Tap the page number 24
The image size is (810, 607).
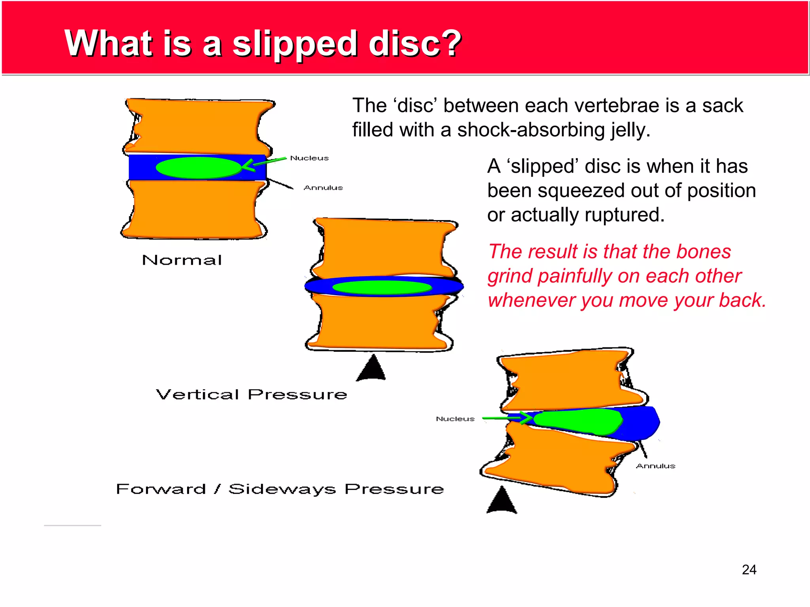[x=749, y=570]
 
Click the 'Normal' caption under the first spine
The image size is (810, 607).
[x=182, y=260]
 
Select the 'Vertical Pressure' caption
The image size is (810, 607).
[x=252, y=394]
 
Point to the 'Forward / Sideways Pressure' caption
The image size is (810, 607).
[x=280, y=489]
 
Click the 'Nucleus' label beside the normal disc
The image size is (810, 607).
[x=309, y=158]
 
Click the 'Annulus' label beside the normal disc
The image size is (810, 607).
[x=323, y=188]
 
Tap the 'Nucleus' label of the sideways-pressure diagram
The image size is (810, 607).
[x=455, y=419]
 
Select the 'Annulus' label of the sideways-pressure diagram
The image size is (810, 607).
[x=655, y=466]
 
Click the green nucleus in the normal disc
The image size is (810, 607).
[x=198, y=168]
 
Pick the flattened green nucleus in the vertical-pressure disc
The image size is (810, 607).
[x=382, y=287]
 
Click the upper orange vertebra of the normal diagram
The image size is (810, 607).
[x=198, y=126]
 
